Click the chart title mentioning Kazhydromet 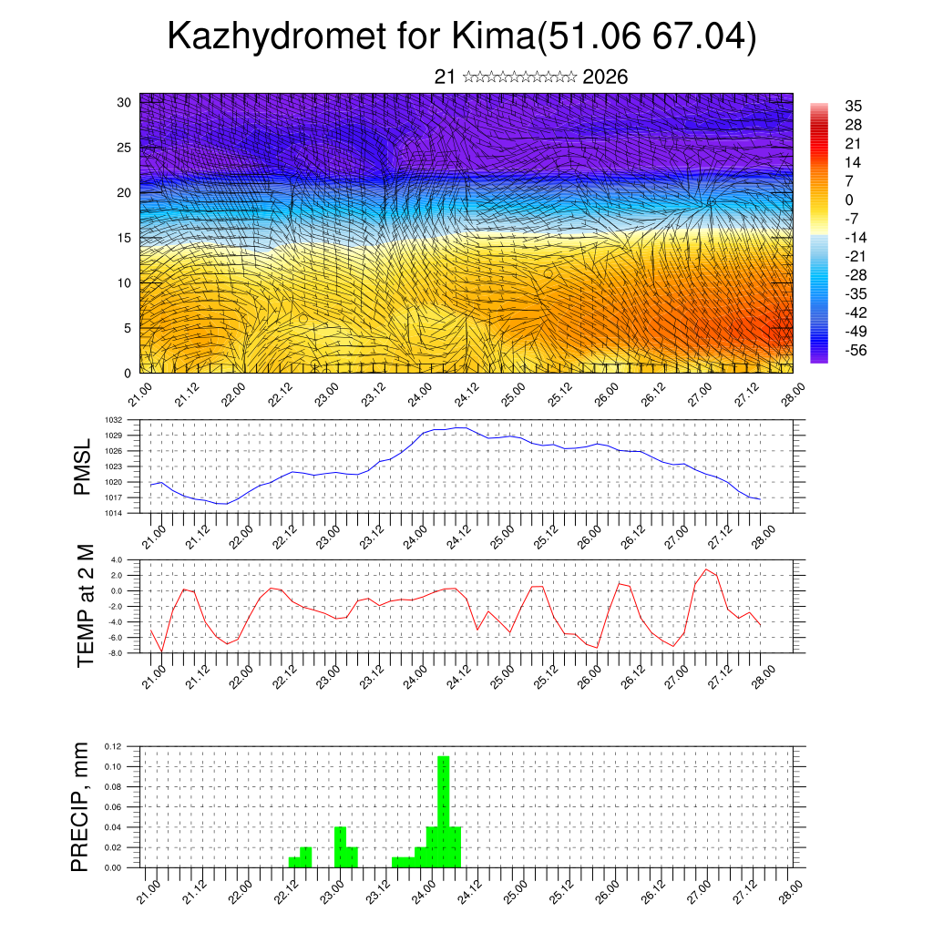point(462,38)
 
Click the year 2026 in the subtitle point(605,77)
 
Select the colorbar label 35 point(854,106)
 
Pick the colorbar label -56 point(855,351)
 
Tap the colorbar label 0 point(849,200)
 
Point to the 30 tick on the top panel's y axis point(124,102)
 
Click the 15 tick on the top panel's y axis point(124,238)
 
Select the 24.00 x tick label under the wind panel point(420,397)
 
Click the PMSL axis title point(83,466)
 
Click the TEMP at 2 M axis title point(85,605)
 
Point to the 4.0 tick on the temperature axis point(117,559)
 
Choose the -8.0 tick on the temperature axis point(116,653)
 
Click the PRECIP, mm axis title point(82,805)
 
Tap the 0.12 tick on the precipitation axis point(113,746)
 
